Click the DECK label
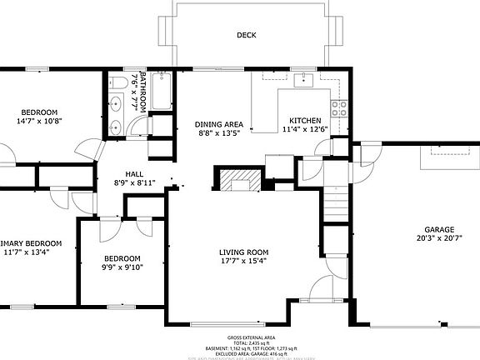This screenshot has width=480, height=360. [246, 35]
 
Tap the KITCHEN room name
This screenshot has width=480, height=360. [305, 120]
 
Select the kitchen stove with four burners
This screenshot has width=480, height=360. [339, 107]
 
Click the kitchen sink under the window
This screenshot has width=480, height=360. [305, 80]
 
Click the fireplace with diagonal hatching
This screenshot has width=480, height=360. [240, 180]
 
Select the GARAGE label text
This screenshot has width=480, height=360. [438, 230]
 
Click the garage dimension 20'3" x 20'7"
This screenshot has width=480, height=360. [438, 240]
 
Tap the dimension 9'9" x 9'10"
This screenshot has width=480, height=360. [122, 267]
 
